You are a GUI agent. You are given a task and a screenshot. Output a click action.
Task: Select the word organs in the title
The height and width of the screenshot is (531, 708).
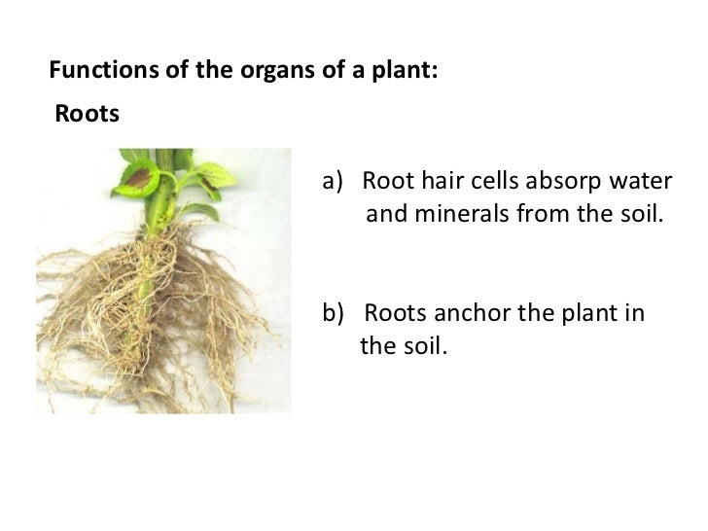coord(250,70)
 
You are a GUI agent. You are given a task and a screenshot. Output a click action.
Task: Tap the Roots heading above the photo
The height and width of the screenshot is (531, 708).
coord(87,115)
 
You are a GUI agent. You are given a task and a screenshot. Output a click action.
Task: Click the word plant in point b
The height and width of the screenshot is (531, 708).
coord(587,314)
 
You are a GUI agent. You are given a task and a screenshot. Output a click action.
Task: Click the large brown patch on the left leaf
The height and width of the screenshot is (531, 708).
coord(139,178)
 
